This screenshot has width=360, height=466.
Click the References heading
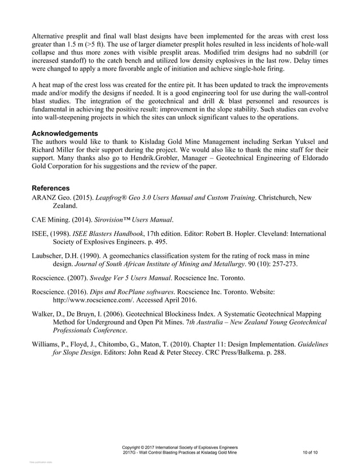point(51,187)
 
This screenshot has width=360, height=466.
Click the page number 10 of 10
point(310,452)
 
